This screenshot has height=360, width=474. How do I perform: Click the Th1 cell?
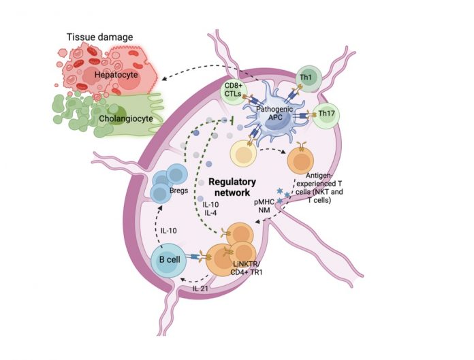309,78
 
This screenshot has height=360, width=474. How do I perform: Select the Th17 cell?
326,115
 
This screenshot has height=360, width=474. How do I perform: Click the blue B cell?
169,260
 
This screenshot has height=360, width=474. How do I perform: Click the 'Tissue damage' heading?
99,37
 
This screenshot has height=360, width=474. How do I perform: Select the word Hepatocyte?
116,75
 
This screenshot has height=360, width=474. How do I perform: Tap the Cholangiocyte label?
126,118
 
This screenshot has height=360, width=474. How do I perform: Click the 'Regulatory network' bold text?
232,187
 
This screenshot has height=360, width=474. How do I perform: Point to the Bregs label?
178,191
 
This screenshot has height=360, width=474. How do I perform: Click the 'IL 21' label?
200,289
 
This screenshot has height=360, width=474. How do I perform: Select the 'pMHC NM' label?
264,206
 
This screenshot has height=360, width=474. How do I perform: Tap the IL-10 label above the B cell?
168,231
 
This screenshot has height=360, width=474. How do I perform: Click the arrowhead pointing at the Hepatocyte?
165,79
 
